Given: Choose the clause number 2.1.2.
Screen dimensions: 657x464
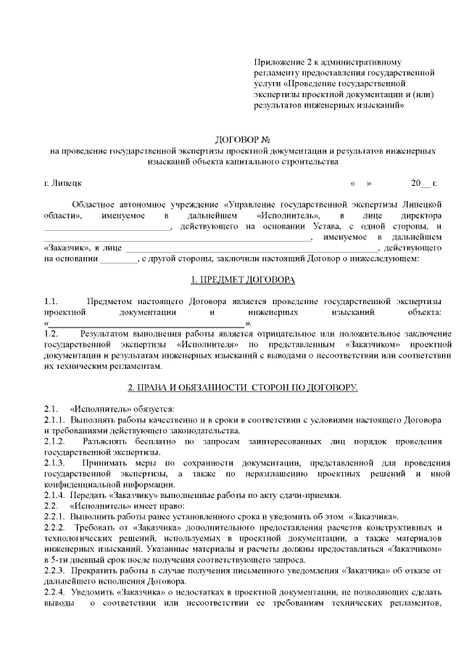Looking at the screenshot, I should (55, 441).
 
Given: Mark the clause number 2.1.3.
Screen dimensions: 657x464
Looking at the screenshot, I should (55, 462).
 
